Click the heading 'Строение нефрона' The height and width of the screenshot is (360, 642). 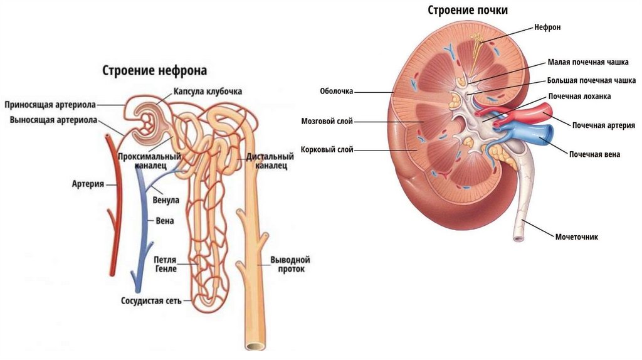point(154,70)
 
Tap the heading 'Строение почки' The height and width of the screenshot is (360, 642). point(468,10)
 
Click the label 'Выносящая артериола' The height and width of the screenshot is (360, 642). point(53,119)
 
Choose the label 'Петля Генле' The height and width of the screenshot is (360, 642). point(166,264)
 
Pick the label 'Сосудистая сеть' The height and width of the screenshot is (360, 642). point(152,300)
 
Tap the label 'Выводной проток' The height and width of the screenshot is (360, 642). point(290,264)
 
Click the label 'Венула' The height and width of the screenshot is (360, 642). point(166,200)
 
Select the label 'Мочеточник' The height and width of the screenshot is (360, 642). point(576,237)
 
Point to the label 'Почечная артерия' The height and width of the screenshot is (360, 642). point(603,125)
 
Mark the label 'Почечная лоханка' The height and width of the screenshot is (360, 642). point(579,97)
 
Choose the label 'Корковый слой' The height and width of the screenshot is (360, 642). point(327,150)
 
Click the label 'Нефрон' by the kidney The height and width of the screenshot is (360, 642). point(547,27)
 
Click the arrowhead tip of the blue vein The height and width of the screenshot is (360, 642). point(134,280)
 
